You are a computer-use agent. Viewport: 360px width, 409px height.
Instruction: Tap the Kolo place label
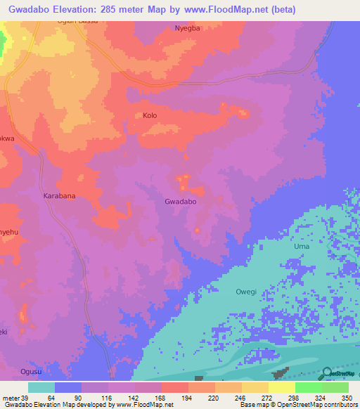coord(150,115)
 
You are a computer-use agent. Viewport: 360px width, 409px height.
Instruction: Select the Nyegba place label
coord(187,29)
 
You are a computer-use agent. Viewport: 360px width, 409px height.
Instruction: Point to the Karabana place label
coord(59,196)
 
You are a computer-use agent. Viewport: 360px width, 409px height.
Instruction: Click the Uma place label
coord(301,247)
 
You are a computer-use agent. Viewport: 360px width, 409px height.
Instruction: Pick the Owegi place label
coord(246,290)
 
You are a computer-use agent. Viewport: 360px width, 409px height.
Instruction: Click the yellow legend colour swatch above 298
coord(281,387)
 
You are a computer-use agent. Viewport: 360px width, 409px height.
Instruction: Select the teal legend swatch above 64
coord(41,387)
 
